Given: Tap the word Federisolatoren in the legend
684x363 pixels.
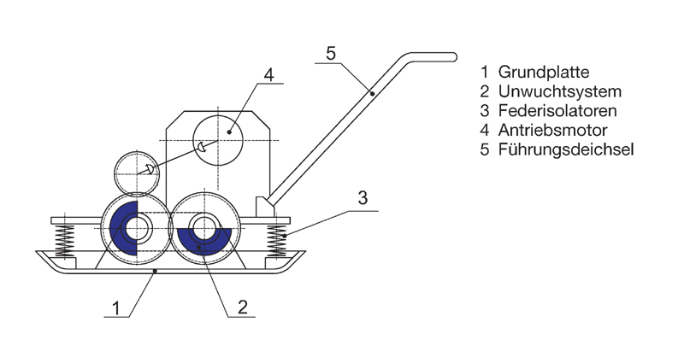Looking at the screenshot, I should [x=559, y=111].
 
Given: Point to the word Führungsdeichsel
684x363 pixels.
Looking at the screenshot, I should [x=565, y=151].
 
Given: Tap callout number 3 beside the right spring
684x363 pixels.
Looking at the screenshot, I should [x=363, y=199].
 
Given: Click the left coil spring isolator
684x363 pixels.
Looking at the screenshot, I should [x=64, y=240].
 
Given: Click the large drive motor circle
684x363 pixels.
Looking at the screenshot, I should [x=218, y=137].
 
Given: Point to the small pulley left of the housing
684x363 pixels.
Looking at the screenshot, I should [x=137, y=174].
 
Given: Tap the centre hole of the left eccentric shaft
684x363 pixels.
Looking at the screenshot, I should [x=137, y=229].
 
